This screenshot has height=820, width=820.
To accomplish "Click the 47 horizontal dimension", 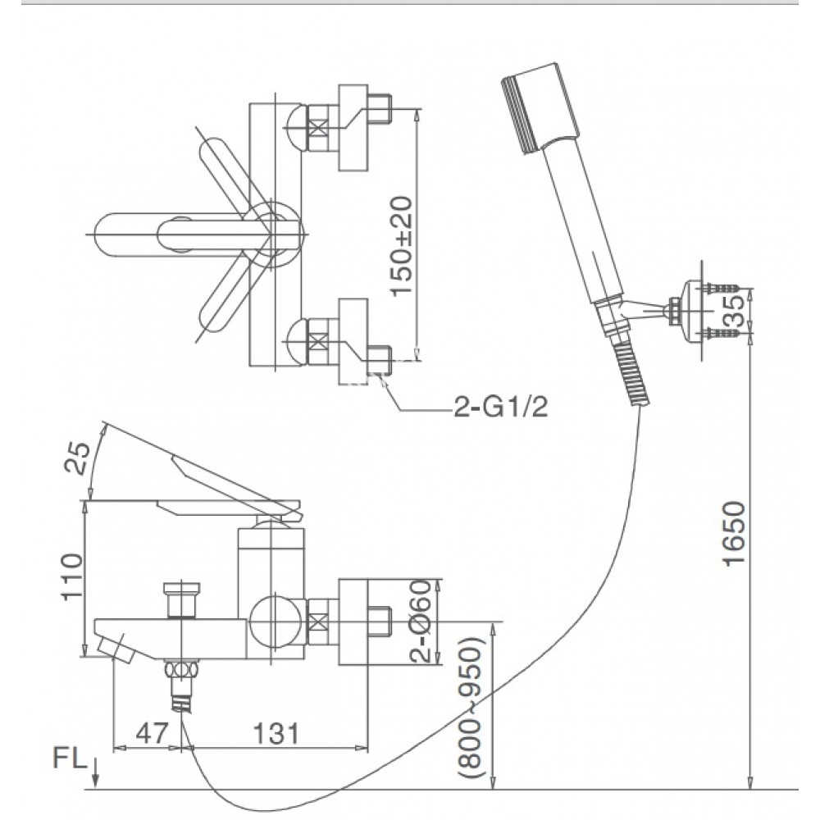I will pyautogui.click(x=150, y=732).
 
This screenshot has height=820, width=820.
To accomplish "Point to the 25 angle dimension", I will pyautogui.click(x=75, y=460).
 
